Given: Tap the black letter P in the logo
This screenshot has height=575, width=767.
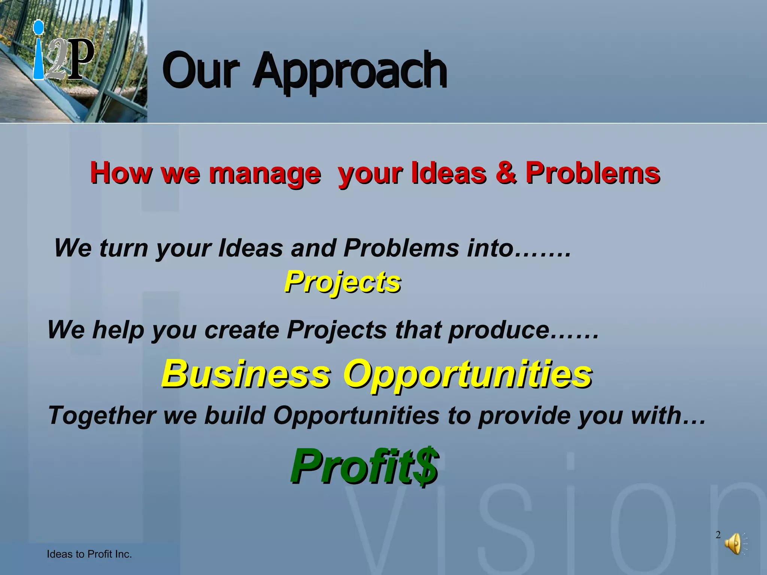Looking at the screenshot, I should click(80, 59).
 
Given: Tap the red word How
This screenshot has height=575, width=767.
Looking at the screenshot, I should click(121, 173).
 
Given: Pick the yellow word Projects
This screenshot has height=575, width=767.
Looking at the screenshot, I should click(342, 282).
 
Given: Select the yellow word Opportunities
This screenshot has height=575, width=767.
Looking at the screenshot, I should click(468, 375).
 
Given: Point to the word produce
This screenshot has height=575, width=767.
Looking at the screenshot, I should click(498, 330).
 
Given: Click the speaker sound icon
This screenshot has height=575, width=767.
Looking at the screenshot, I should click(734, 544).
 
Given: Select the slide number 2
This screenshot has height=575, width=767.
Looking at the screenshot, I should click(718, 535).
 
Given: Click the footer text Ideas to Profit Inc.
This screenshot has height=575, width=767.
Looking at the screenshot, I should click(89, 554).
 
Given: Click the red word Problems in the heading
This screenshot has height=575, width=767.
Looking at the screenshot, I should click(592, 173).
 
